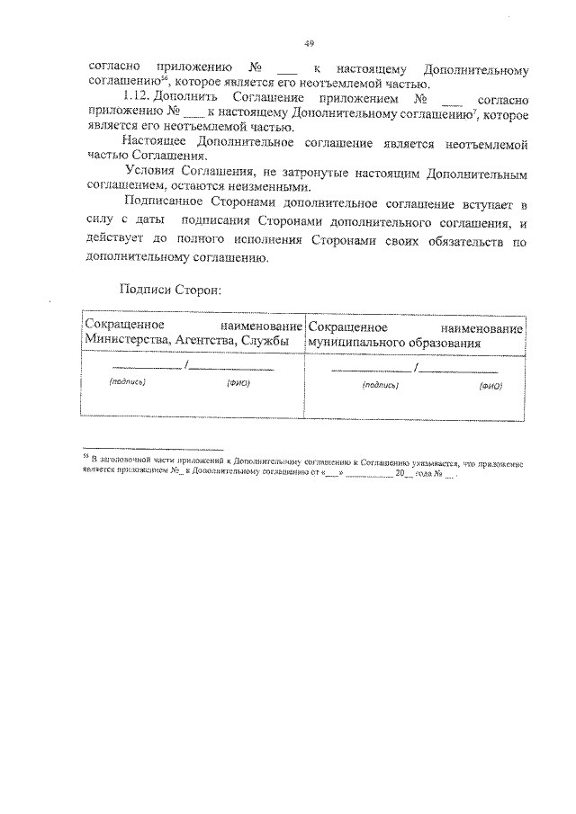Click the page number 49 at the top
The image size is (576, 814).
pyautogui.click(x=309, y=42)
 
